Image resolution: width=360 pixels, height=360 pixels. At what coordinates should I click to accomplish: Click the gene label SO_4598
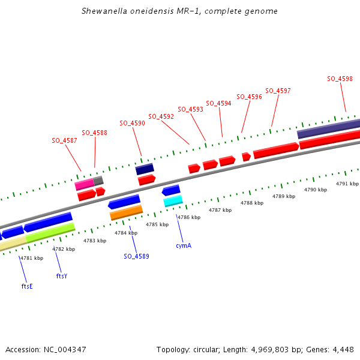coord(340,79)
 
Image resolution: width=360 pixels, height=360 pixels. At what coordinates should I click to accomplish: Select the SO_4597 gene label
coord(278,91)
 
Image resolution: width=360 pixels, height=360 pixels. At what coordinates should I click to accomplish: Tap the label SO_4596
coord(249,97)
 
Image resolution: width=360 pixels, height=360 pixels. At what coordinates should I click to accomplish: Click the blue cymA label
coord(184,245)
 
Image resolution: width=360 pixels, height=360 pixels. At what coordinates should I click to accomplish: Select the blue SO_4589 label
coord(136,256)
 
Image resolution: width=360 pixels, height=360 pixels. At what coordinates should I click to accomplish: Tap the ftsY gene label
coord(62,276)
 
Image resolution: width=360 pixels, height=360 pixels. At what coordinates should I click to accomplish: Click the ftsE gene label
coord(27,286)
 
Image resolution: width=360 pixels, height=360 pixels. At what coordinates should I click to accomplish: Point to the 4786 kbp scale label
coord(188,217)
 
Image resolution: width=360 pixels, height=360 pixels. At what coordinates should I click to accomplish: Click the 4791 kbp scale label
coord(347,184)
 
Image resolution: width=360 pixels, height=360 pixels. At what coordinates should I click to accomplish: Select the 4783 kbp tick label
coord(94,241)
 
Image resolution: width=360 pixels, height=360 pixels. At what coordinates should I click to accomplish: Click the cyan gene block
coord(173,201)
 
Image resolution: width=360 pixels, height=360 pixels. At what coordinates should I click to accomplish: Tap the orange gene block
coord(126,212)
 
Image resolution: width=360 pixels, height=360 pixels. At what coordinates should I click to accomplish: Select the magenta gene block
coord(84,184)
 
